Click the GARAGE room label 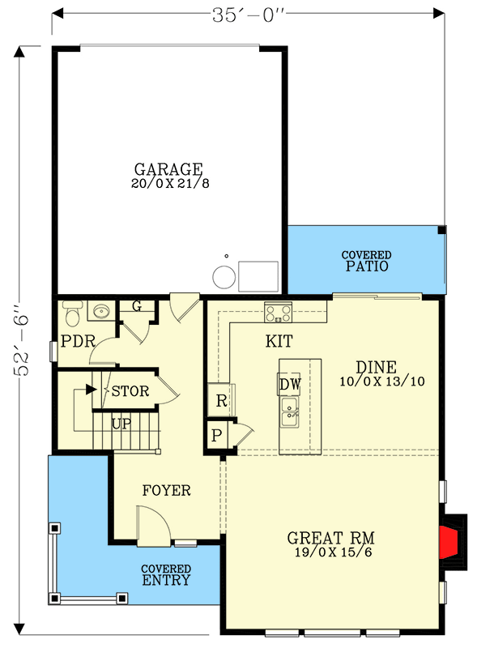(168, 169)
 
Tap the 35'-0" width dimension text (250, 14)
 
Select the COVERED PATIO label (366, 260)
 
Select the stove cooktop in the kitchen (278, 311)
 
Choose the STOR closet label (130, 391)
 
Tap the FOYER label (166, 490)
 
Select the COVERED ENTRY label (165, 575)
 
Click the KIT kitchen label (279, 341)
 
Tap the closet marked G (136, 306)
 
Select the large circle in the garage (224, 278)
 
